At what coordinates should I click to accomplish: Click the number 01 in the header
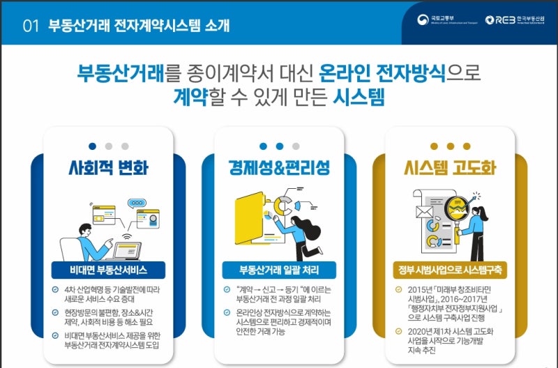point(29,26)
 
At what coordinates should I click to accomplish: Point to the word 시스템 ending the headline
point(359,96)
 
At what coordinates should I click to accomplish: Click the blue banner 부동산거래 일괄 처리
point(278,270)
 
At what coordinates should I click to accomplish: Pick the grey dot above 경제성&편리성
point(296,146)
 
